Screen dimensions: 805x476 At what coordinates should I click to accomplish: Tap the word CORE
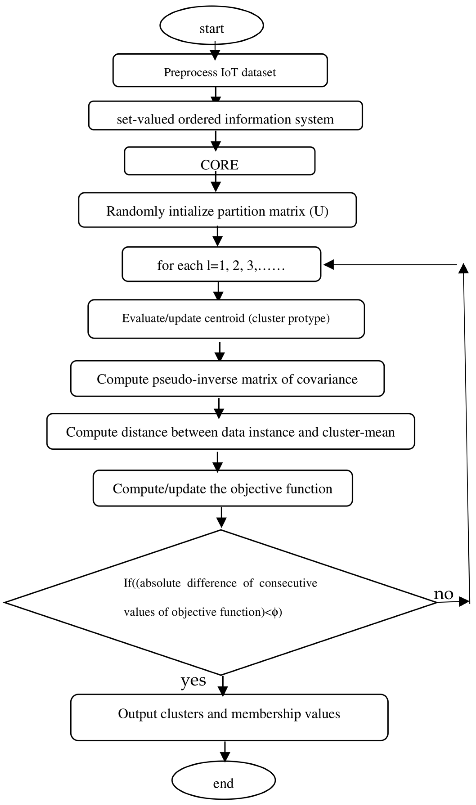coord(219,165)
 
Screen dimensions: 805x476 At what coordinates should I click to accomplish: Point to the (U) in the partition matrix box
coord(319,211)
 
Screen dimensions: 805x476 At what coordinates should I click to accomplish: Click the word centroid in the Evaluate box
coord(225,318)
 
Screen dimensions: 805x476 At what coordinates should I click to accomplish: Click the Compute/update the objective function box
coord(223,489)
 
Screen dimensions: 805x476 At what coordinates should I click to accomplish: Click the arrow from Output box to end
coord(225,753)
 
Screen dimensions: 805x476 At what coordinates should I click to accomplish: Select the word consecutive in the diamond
coord(288,583)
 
